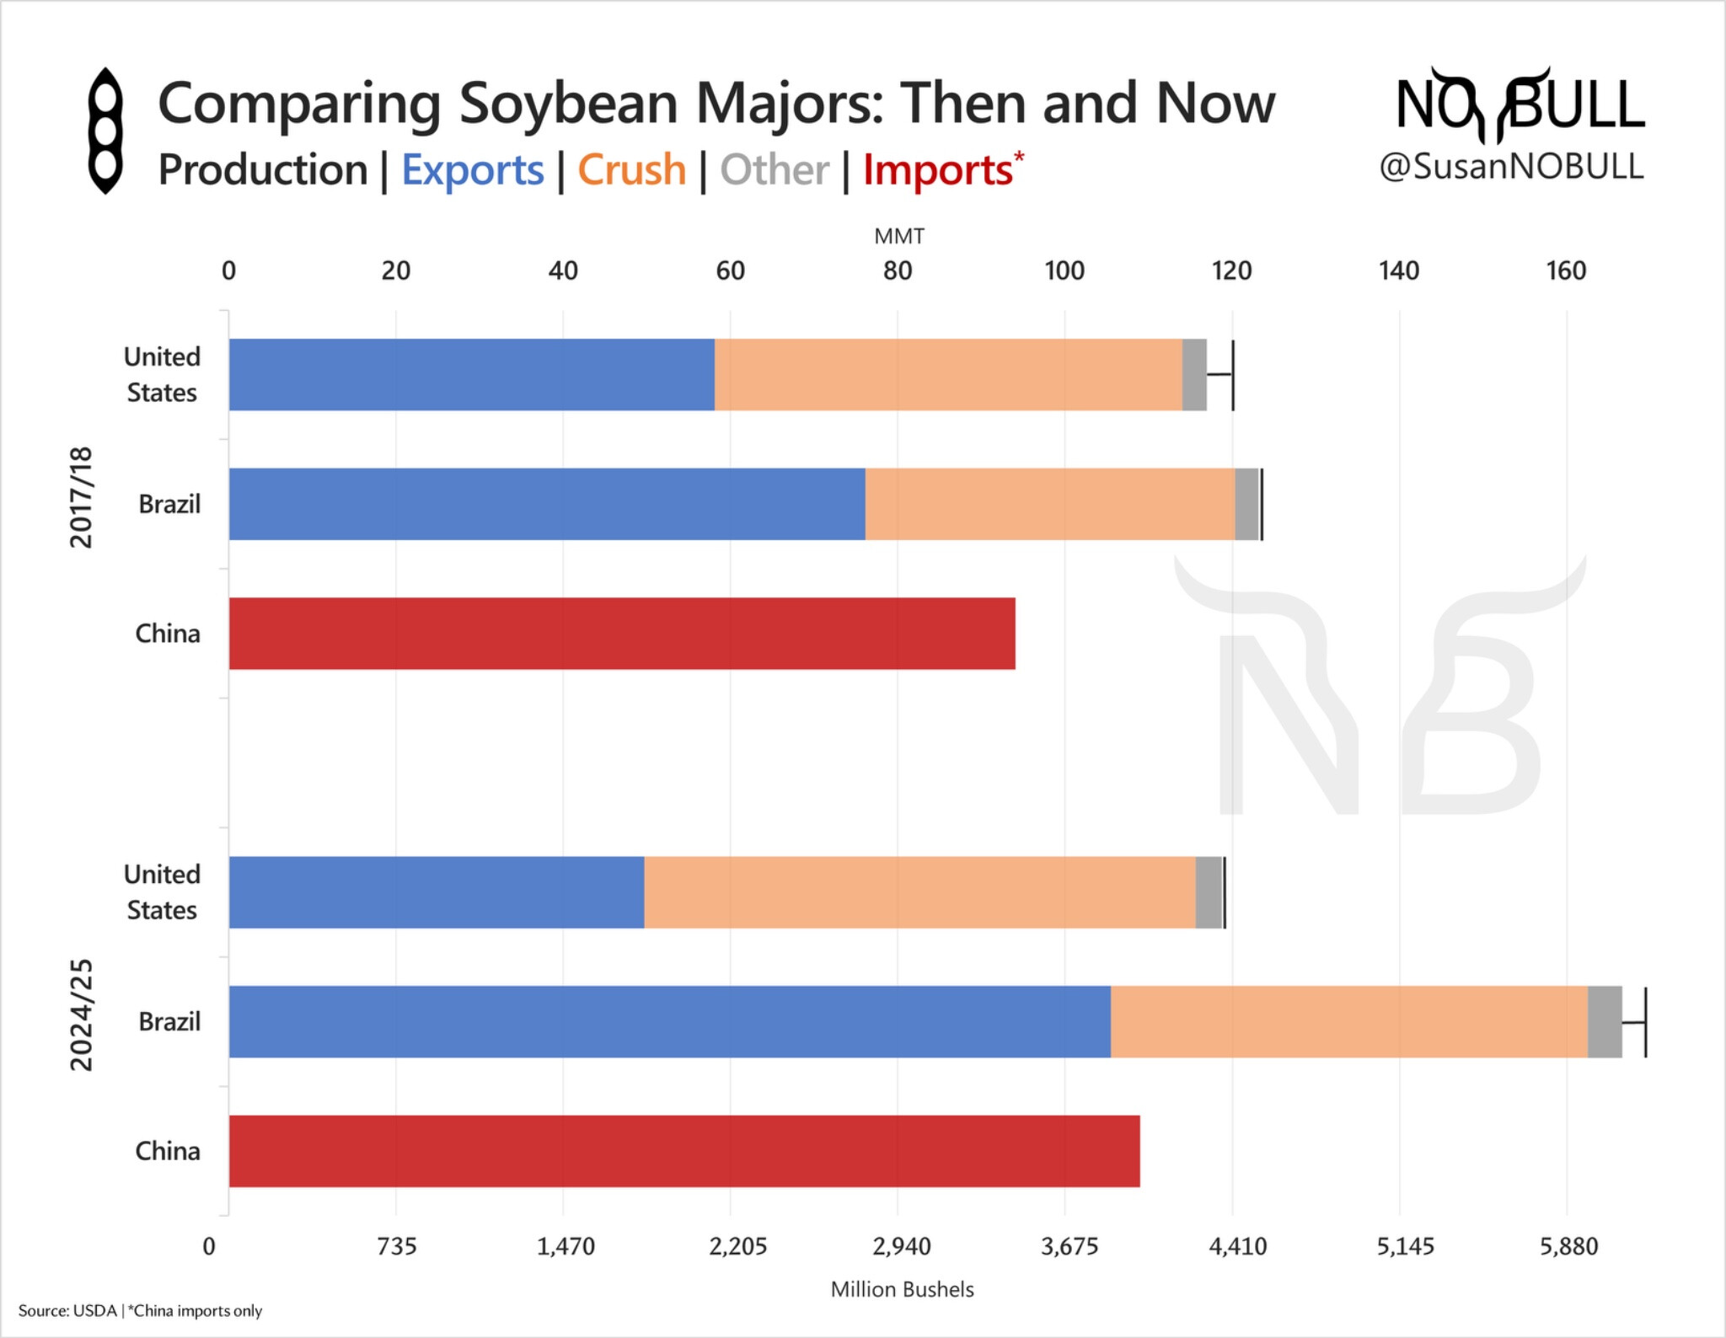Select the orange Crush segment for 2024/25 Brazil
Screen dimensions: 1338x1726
click(1348, 1021)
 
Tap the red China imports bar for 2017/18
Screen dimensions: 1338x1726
click(622, 634)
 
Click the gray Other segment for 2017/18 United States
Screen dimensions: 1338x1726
click(1194, 375)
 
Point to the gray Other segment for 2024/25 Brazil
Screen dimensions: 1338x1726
click(1605, 1021)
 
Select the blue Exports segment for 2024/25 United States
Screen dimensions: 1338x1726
click(437, 892)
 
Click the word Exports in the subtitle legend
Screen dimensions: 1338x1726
click(472, 170)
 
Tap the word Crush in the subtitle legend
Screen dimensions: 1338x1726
click(632, 170)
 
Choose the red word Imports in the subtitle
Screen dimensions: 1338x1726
click(937, 170)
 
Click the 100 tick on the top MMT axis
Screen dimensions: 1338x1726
click(1064, 271)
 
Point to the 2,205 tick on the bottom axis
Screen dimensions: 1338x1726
click(737, 1246)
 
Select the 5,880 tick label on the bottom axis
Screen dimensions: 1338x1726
click(1568, 1246)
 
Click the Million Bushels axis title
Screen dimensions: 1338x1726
click(902, 1289)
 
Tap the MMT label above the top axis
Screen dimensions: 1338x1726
click(899, 237)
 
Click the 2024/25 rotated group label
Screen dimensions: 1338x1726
click(81, 1015)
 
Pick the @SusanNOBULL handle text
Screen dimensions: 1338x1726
click(1511, 167)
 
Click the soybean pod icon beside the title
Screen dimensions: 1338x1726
click(106, 131)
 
